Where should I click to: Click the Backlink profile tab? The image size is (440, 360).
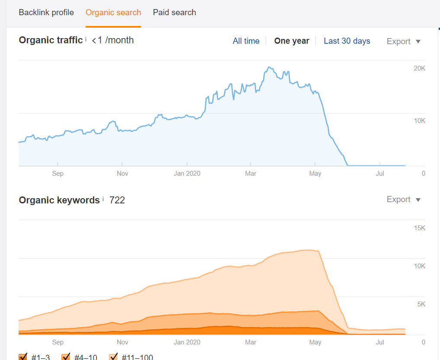click(x=46, y=13)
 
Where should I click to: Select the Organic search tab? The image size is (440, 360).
click(x=113, y=13)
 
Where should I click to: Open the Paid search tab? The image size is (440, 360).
click(x=174, y=13)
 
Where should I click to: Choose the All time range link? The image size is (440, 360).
click(x=246, y=41)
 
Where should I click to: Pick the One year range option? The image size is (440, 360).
click(x=292, y=41)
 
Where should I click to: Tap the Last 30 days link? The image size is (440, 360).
click(x=347, y=41)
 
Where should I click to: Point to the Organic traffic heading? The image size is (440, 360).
click(x=51, y=40)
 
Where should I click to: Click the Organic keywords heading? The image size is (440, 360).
click(x=59, y=200)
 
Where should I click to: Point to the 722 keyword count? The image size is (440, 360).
click(x=117, y=200)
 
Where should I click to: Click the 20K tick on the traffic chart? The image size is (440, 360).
click(x=420, y=68)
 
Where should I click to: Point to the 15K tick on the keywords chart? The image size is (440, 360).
click(x=420, y=228)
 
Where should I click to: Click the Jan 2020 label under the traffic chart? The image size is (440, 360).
click(x=187, y=174)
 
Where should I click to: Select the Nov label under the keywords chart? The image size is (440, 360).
click(x=122, y=342)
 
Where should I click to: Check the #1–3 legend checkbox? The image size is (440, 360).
click(x=23, y=357)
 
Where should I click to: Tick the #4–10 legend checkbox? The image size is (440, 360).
click(x=66, y=357)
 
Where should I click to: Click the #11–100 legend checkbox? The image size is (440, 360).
click(x=113, y=357)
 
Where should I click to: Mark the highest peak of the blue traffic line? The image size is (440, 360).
click(x=269, y=67)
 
